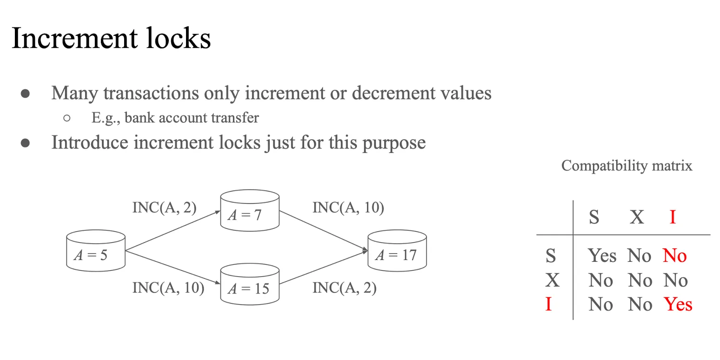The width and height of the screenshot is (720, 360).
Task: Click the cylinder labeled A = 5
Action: coord(96,251)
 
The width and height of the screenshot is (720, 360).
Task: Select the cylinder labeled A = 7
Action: coord(250,211)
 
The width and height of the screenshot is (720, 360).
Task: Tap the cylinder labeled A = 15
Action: coord(250,284)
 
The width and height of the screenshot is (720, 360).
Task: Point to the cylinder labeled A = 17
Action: coord(397,251)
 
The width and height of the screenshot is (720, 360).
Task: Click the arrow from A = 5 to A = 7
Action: coord(172,231)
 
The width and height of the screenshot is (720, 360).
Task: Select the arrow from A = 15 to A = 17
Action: coord(323,267)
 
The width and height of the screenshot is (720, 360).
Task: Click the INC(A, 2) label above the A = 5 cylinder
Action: coord(164,207)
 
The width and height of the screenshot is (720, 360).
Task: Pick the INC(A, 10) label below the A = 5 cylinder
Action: coord(168,288)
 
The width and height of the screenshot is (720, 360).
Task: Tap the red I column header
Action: coord(672,217)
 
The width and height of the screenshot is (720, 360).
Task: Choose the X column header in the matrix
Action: coord(637,217)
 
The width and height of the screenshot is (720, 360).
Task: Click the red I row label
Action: coord(548,304)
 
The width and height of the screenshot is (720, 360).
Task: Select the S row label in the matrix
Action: coord(550,256)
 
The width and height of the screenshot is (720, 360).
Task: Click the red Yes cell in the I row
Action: coord(678,304)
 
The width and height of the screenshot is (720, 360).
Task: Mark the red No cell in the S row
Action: coord(674,256)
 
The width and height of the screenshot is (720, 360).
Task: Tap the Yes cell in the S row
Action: coord(602,256)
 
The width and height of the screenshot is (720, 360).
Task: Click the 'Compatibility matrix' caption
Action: coord(627,166)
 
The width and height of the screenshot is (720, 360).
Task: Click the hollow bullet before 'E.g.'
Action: coord(67,118)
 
